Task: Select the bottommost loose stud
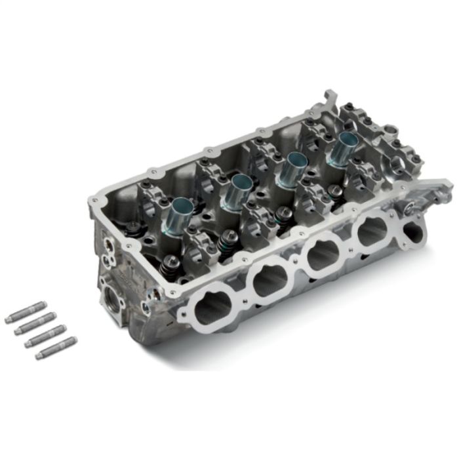coord(56,348)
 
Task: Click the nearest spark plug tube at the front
coord(180,212)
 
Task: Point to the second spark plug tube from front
coord(235,191)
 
